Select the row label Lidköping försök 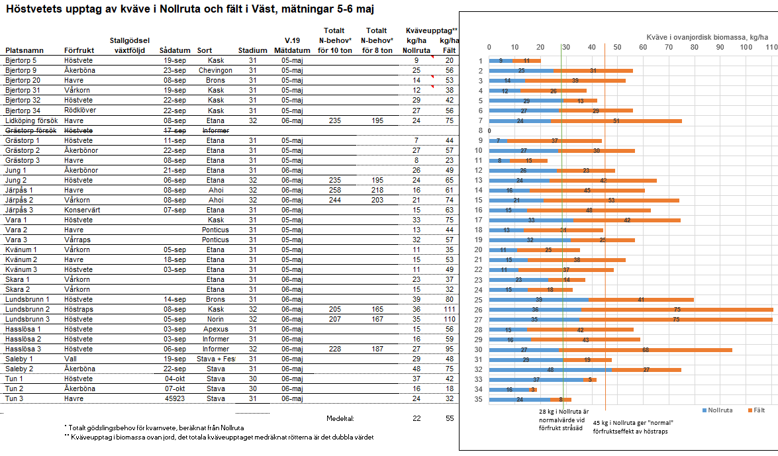click(x=31, y=120)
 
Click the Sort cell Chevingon click(x=215, y=70)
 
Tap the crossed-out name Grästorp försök click(x=30, y=130)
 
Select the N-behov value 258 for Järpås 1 click(x=334, y=190)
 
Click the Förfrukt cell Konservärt click(x=83, y=210)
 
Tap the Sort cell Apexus click(x=215, y=329)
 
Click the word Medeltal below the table click(x=340, y=418)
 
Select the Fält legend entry click(x=756, y=410)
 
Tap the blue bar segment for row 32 click(x=550, y=369)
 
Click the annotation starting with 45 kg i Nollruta click(x=633, y=427)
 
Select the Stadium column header click(x=252, y=50)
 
